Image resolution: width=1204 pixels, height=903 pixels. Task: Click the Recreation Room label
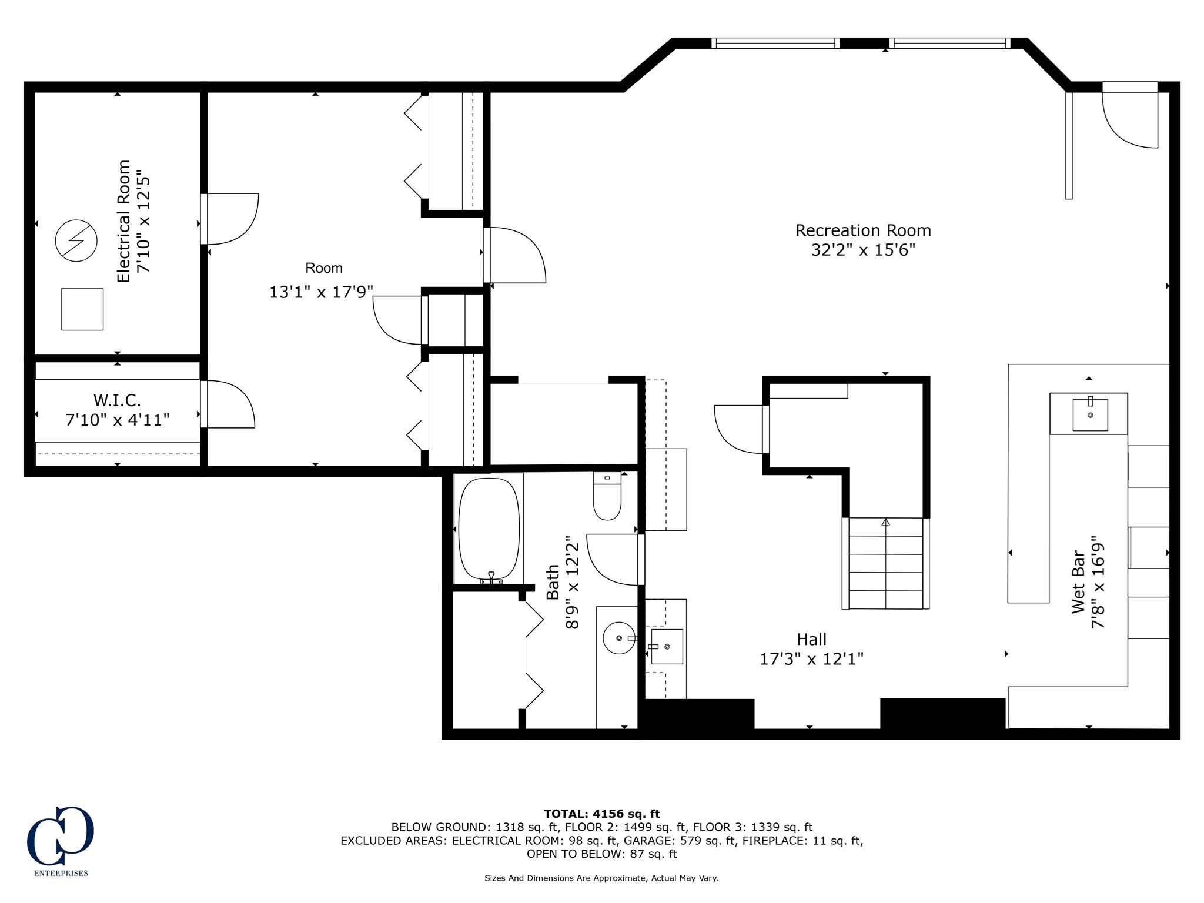point(863,230)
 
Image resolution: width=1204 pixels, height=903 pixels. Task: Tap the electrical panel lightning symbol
point(76,240)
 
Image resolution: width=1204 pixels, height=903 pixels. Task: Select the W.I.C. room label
point(117,400)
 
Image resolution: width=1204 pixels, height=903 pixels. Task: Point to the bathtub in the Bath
point(489,529)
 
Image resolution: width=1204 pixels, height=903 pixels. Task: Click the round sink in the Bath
point(620,638)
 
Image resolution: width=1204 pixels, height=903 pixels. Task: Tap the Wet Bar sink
point(1090,414)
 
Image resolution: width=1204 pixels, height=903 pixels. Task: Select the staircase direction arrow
point(885,521)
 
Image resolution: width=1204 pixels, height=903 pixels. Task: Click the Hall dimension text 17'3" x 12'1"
point(811,659)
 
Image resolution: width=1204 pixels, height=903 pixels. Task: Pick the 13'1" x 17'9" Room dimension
point(321,292)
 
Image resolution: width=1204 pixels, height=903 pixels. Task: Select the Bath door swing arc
point(612,560)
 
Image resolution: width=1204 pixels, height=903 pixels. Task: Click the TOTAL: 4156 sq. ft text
point(602,814)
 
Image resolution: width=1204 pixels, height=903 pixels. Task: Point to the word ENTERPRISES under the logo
point(61,873)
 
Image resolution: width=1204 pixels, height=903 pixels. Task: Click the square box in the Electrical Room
point(82,309)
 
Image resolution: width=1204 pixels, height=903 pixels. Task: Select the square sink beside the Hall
point(667,647)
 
